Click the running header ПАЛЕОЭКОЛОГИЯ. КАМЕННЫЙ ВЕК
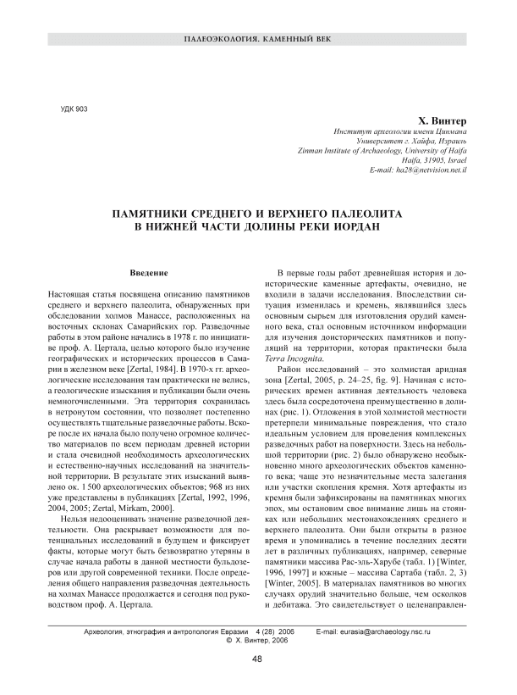(258, 41)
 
